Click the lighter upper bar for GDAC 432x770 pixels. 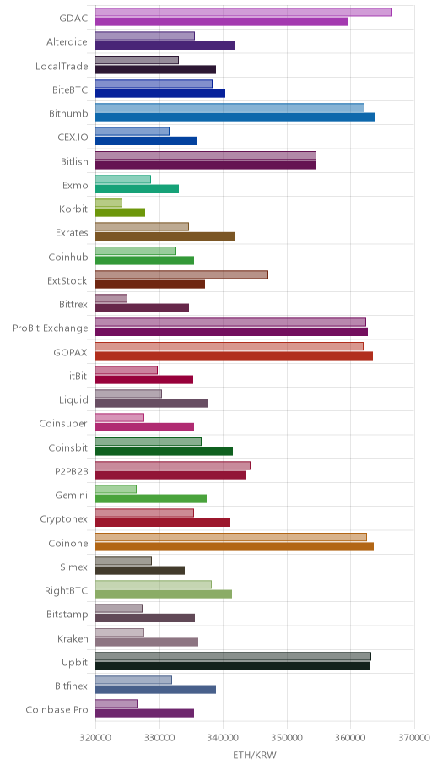[x=244, y=13]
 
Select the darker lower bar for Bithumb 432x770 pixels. [x=235, y=117]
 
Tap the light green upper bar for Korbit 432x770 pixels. [x=109, y=203]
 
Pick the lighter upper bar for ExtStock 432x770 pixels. [x=181, y=274]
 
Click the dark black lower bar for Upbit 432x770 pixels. [x=233, y=666]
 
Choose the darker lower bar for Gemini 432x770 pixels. [x=151, y=499]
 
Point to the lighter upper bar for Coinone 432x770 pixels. [x=230, y=537]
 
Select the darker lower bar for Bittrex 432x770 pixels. [x=142, y=308]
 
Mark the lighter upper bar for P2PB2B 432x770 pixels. [x=173, y=465]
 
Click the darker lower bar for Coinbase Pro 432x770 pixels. [x=144, y=713]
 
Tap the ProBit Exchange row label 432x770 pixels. [x=51, y=328]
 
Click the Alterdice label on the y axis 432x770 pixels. [x=67, y=41]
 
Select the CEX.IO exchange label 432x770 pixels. [x=73, y=137]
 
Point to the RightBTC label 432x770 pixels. [x=67, y=590]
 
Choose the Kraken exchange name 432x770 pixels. [x=73, y=638]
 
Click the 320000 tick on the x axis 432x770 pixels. [x=95, y=738]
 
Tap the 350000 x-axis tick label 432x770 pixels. [x=287, y=738]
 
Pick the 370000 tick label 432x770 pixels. [x=414, y=738]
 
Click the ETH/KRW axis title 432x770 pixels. [x=255, y=756]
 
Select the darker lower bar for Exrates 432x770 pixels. [x=165, y=236]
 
